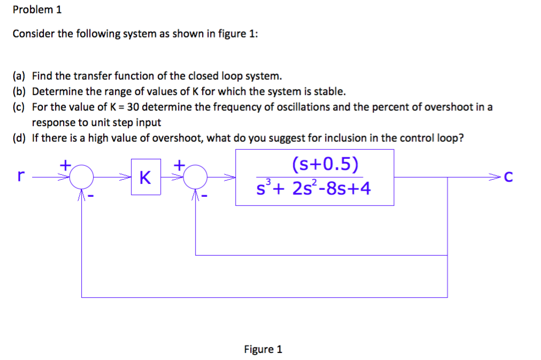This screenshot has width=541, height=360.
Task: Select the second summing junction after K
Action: (x=196, y=175)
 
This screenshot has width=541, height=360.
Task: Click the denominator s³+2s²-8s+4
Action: (x=313, y=188)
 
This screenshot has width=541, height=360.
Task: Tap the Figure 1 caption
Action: (x=262, y=349)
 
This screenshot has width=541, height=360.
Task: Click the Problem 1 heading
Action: (x=37, y=10)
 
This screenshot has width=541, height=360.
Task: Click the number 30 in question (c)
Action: (x=134, y=106)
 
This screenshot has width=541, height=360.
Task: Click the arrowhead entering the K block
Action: (x=127, y=175)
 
